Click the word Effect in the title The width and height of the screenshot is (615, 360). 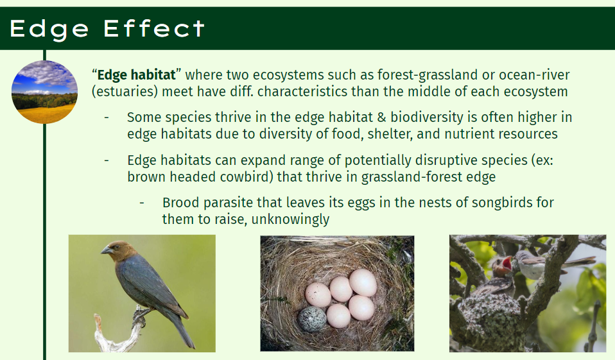click(x=154, y=29)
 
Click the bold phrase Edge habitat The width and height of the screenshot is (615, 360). click(x=136, y=74)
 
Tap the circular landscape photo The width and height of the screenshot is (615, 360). click(x=45, y=92)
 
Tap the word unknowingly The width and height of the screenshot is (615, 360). click(x=290, y=219)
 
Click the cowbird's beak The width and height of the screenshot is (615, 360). click(x=106, y=250)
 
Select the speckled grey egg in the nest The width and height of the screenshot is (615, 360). click(x=312, y=319)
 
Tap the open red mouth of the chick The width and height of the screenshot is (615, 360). click(x=507, y=264)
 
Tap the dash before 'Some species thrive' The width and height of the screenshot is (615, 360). click(x=107, y=117)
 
